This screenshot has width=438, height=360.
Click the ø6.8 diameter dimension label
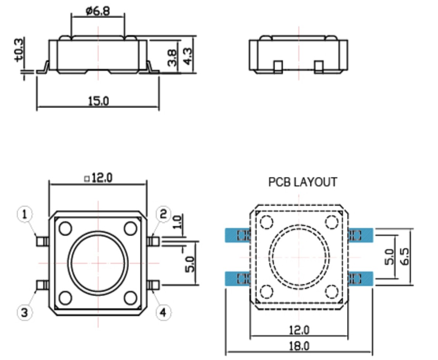click(x=98, y=11)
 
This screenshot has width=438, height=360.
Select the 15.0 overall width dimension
click(x=98, y=101)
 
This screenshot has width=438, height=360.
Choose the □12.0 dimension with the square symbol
click(x=98, y=178)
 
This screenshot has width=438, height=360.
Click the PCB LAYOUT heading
click(x=303, y=182)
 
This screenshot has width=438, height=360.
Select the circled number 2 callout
click(x=164, y=214)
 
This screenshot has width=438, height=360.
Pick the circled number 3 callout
click(x=24, y=312)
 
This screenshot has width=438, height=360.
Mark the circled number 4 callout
click(x=164, y=312)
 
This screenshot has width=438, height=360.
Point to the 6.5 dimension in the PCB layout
click(x=405, y=256)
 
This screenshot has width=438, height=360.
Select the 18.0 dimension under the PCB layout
click(x=299, y=346)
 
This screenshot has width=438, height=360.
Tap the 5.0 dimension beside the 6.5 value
click(x=390, y=257)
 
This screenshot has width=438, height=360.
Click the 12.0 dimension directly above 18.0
click(x=299, y=330)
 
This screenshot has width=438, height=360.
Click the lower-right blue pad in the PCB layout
click(x=361, y=278)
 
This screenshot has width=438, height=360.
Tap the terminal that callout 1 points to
click(x=42, y=242)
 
